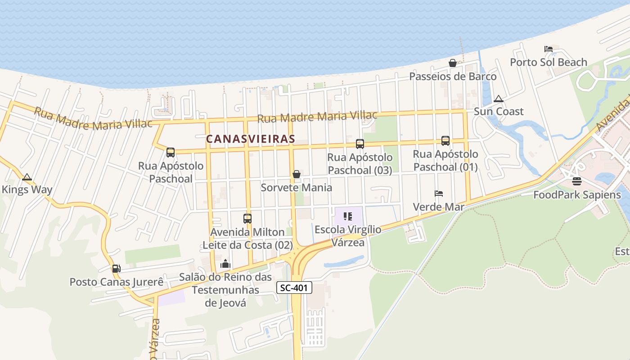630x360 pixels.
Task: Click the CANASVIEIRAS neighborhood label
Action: pos(251,139)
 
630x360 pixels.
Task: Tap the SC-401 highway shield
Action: pos(294,288)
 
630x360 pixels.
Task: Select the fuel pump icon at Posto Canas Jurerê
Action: pos(116,269)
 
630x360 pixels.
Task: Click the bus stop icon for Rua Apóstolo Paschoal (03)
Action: pos(360,144)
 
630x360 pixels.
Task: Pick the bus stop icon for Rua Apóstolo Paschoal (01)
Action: pos(445,141)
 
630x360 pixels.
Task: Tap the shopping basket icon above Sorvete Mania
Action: pos(297,174)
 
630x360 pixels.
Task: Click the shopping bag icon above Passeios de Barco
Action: pos(453,63)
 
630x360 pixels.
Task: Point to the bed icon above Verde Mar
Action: pos(439,193)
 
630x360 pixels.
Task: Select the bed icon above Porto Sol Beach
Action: pos(548,49)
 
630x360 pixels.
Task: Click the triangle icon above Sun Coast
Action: pos(498,99)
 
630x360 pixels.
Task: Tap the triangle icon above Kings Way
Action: pos(27,177)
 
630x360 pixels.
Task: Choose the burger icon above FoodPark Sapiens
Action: pos(577,181)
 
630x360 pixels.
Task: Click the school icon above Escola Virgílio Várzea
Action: pos(347,216)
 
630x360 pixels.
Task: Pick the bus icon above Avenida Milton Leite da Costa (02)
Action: pos(247,219)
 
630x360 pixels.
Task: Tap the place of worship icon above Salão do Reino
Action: pos(225,264)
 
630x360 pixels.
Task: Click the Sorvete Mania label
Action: pos(297,188)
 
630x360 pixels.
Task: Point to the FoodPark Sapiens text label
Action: pos(577,195)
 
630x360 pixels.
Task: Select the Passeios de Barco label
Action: pos(453,76)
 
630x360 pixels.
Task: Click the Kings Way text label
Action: pos(27,189)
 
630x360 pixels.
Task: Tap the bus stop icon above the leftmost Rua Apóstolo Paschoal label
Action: pos(171,153)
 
